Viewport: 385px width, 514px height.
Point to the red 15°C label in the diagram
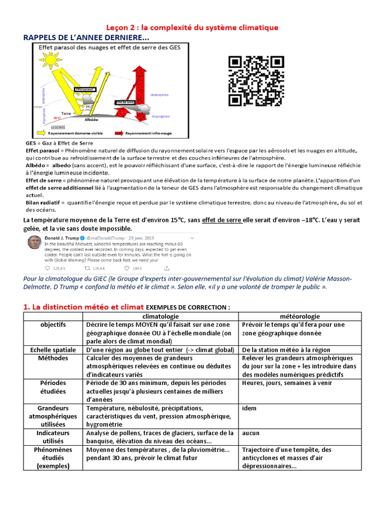(x=57, y=118)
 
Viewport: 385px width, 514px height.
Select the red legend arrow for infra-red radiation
(x=120, y=134)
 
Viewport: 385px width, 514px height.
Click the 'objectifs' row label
(x=53, y=325)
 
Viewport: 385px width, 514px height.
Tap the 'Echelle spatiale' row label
(x=53, y=350)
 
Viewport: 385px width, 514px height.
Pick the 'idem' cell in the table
(x=249, y=408)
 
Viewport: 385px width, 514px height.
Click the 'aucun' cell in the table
(x=251, y=433)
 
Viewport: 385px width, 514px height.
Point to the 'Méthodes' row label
(x=53, y=358)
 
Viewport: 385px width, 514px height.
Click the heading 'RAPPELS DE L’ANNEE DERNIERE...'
(x=87, y=38)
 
